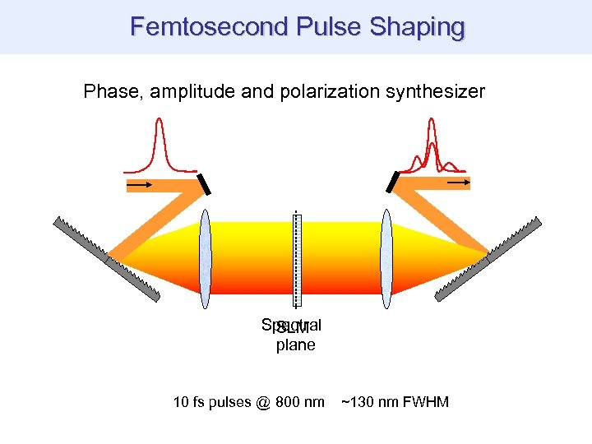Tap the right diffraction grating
pos(488,257)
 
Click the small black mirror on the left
pos(204,184)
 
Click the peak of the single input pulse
pos(159,122)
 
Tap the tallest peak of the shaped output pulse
pos(431,123)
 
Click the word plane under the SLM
pos(295,345)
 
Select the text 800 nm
pos(299,403)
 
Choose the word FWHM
pos(424,403)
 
